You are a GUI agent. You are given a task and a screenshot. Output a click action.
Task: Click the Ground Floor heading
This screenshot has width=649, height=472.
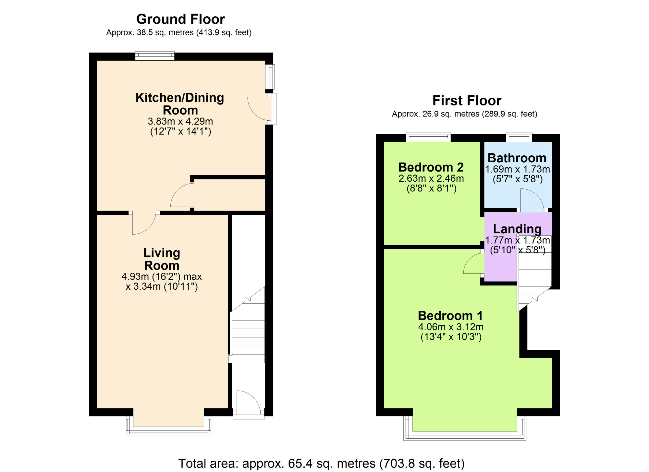pyautogui.click(x=180, y=19)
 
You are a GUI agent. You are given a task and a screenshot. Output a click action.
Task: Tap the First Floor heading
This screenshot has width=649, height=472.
pyautogui.click(x=467, y=101)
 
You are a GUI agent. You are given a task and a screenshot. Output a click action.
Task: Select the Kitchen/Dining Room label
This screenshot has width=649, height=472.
pyautogui.click(x=180, y=104)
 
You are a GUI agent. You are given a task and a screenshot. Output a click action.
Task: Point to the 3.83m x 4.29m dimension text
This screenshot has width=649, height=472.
pyautogui.click(x=180, y=121)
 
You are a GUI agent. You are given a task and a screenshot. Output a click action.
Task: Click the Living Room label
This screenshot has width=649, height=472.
pyautogui.click(x=162, y=259)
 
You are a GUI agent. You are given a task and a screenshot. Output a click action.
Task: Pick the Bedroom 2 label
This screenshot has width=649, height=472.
pyautogui.click(x=431, y=167)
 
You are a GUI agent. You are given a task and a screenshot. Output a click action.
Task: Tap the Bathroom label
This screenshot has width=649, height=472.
pyautogui.click(x=517, y=158)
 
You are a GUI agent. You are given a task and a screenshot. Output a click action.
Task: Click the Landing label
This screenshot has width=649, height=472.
pyautogui.click(x=517, y=229)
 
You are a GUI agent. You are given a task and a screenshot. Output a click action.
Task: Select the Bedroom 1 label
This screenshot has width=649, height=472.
pyautogui.click(x=450, y=316)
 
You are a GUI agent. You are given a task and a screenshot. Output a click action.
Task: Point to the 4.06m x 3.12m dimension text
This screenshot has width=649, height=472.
pyautogui.click(x=451, y=327)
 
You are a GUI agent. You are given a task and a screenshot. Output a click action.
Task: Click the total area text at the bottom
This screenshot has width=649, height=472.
pyautogui.click(x=321, y=463)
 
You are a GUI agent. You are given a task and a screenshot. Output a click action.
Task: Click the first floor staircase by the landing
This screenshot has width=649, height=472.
pyautogui.click(x=534, y=272)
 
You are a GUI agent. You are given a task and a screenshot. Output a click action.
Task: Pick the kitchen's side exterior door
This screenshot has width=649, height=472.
pyautogui.click(x=261, y=109)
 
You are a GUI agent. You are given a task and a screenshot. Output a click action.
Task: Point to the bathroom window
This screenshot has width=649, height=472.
pyautogui.click(x=519, y=137)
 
